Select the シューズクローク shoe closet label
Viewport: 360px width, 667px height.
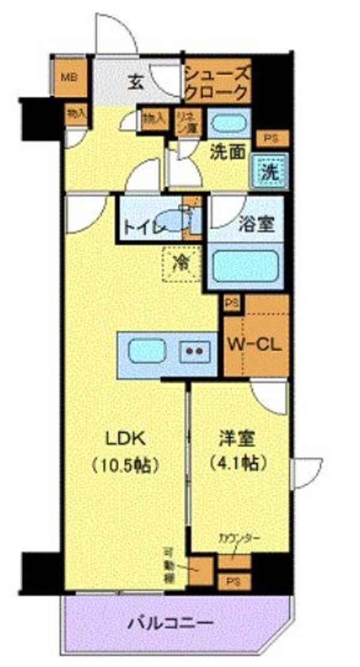click(x=216, y=83)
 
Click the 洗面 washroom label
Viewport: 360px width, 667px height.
click(x=228, y=152)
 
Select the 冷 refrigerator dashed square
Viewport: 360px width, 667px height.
click(x=179, y=262)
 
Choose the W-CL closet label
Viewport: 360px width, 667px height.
click(x=257, y=345)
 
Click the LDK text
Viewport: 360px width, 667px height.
click(x=125, y=438)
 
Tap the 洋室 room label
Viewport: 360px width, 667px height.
click(x=238, y=438)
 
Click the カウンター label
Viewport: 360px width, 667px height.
click(x=235, y=539)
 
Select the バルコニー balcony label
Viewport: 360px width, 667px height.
click(x=170, y=623)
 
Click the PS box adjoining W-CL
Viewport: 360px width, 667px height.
click(x=232, y=303)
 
